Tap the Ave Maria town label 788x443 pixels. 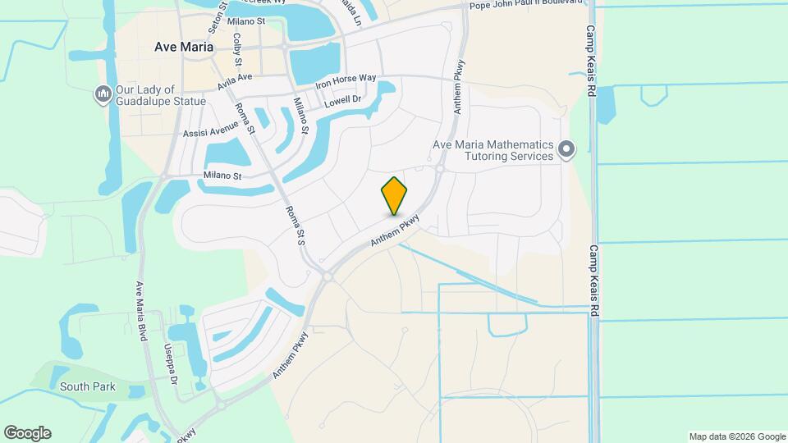[184, 47]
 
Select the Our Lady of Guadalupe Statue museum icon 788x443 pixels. [103, 95]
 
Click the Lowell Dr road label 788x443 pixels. [342, 102]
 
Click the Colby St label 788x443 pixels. [237, 49]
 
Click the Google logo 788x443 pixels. [27, 433]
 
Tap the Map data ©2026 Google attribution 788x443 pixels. [736, 436]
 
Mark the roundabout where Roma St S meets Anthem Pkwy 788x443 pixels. [328, 277]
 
